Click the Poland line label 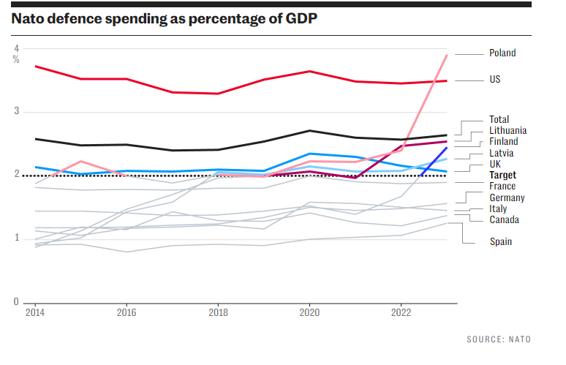pos(502,53)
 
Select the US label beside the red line pos(495,79)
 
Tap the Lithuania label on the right pos(507,131)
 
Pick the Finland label pos(503,142)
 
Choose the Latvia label pos(501,154)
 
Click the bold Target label pos(502,176)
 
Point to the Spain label pos(501,242)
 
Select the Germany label pos(507,198)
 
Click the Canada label pos(504,220)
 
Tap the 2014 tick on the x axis pos(34,312)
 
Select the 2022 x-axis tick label pos(401,312)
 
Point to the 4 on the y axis pos(16,48)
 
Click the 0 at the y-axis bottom pos(16,301)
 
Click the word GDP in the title pos(300,19)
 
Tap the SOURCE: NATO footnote pos(499,339)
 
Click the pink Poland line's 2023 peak pos(447,56)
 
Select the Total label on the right pos(499,120)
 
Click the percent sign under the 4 pos(16,59)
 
